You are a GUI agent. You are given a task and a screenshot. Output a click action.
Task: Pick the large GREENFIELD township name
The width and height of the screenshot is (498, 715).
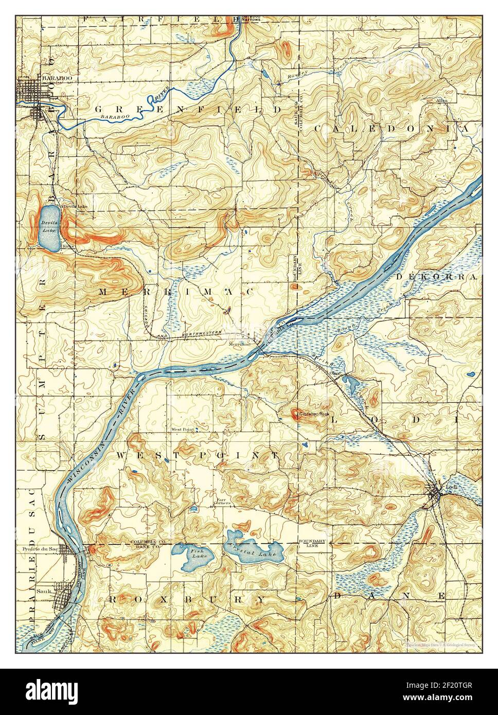tap(188, 110)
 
